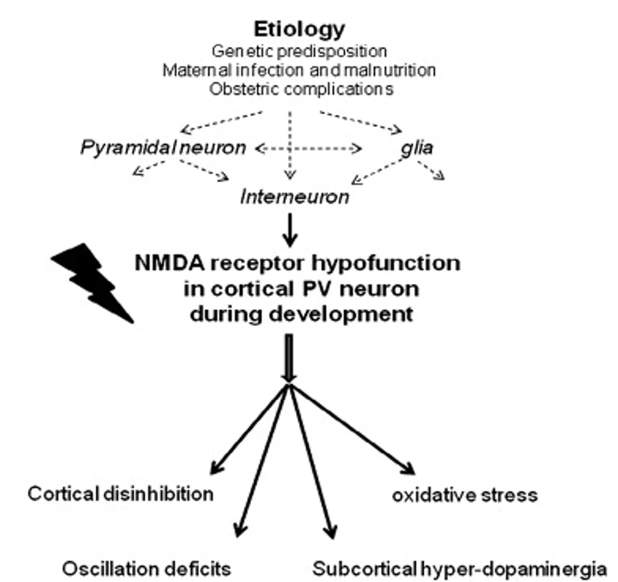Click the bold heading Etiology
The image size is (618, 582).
(x=299, y=29)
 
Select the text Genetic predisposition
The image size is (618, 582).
(x=299, y=51)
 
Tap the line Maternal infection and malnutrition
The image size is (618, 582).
(x=299, y=70)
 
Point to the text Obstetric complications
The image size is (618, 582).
(x=301, y=89)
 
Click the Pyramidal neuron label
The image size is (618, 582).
(x=163, y=148)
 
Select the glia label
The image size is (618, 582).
(x=416, y=148)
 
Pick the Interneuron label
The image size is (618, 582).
(x=295, y=196)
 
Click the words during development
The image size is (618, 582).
(x=301, y=314)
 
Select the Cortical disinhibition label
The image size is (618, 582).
(x=120, y=493)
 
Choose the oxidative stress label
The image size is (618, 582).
(x=465, y=494)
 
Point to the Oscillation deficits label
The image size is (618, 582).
(x=146, y=569)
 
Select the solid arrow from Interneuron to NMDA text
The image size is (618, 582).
(x=290, y=230)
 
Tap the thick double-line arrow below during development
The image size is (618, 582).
(x=288, y=357)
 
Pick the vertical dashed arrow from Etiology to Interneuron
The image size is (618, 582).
(x=290, y=145)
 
